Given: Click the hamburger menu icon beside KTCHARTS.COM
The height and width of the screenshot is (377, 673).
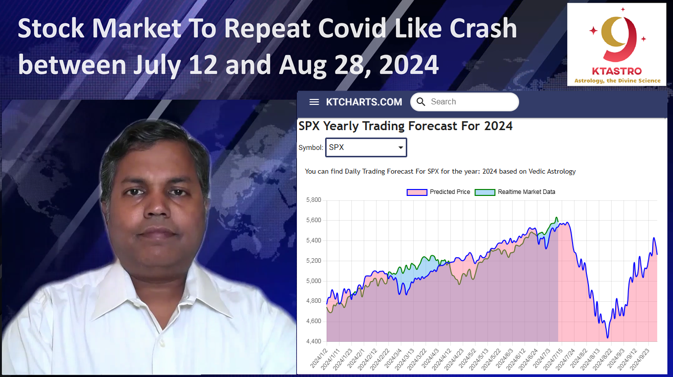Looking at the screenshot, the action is (314, 102).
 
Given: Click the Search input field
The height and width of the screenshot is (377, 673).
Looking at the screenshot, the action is (465, 102).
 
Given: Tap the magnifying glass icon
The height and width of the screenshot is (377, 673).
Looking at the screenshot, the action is (421, 102).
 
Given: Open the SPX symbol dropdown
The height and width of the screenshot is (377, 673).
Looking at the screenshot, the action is (366, 147).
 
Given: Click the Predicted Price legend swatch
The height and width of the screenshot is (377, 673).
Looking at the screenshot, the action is (417, 192).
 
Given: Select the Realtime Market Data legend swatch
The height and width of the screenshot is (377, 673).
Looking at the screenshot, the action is (484, 192).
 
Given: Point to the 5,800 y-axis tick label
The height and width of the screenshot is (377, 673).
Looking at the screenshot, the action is (314, 200).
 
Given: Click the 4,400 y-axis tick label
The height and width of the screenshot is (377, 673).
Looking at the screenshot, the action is (314, 341).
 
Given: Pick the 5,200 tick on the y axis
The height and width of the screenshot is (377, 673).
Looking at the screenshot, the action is (314, 261).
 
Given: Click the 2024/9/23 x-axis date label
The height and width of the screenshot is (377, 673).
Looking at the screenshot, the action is (640, 359).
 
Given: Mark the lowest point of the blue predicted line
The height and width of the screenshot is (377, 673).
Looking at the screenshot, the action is (608, 338).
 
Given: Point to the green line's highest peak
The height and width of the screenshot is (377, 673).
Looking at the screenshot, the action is (556, 217).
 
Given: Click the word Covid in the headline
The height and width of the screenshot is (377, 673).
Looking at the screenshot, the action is (352, 28).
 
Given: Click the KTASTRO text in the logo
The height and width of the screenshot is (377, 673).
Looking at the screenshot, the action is (617, 71).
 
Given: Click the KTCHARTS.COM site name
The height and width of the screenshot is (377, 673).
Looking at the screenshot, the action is (364, 102).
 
